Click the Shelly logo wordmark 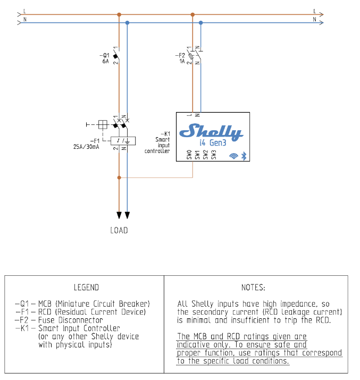[211, 131]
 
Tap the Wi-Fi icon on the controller [233, 156]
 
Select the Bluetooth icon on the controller [244, 156]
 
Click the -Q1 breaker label [104, 55]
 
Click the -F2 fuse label [180, 55]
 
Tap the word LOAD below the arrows [119, 231]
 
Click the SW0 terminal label [189, 155]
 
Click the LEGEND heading [86, 288]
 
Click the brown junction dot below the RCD [119, 178]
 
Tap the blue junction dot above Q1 [127, 23]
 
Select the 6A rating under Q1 [105, 62]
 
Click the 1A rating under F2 [181, 62]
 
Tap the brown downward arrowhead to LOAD [119, 215]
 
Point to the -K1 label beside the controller [164, 133]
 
